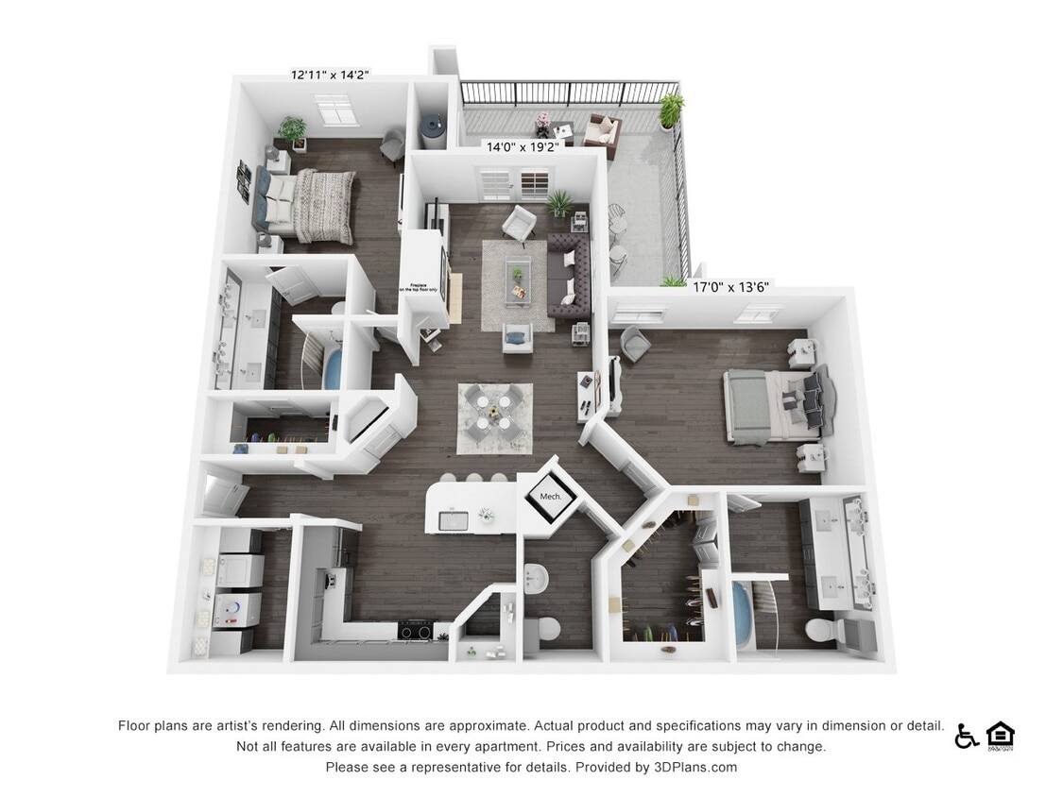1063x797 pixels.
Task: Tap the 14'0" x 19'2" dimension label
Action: point(523,147)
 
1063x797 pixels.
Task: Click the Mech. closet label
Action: point(550,497)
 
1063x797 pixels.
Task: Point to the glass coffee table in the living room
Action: point(518,280)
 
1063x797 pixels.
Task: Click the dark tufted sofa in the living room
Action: point(569,278)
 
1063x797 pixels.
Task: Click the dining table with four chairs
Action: point(493,416)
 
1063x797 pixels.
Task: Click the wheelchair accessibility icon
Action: point(966,736)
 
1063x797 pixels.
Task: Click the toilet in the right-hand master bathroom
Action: point(817,630)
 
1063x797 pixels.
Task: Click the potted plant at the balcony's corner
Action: point(671,110)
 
